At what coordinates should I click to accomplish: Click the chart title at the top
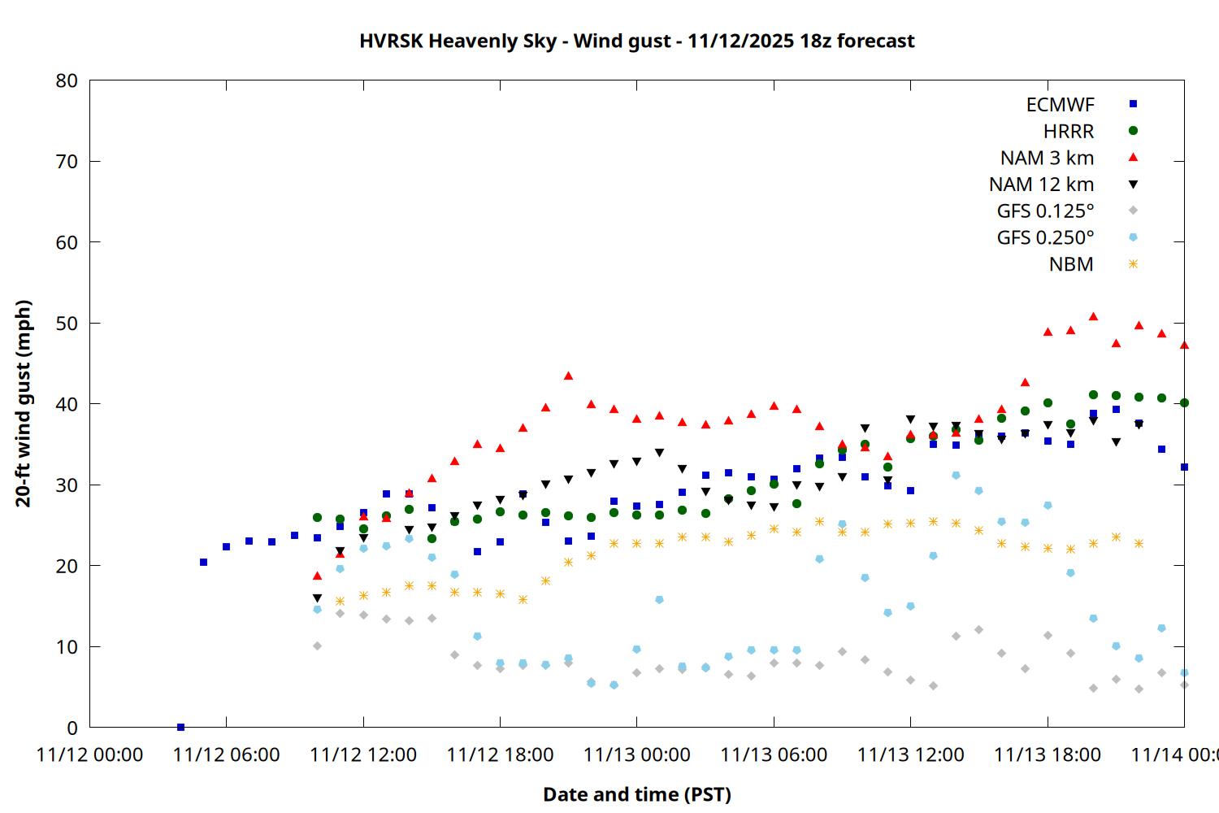point(637,41)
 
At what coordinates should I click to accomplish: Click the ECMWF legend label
point(1060,105)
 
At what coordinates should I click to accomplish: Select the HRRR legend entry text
point(1069,132)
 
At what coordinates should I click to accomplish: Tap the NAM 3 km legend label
point(1047,158)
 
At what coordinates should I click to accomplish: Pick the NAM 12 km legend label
point(1041,185)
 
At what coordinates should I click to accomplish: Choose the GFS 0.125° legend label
point(1045,211)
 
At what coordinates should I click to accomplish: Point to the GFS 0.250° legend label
point(1045,238)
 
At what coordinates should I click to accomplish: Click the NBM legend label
point(1071,264)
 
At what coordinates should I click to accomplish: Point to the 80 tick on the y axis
point(67,80)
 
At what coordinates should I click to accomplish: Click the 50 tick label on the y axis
point(67,324)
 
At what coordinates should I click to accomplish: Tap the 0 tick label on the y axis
point(72,728)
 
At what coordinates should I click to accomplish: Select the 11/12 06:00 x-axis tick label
point(226,754)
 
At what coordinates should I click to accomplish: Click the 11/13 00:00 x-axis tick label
point(636,754)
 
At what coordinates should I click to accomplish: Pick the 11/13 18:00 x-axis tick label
point(1047,754)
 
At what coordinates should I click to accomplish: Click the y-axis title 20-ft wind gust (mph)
point(24,403)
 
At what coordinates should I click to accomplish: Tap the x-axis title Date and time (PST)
point(637,794)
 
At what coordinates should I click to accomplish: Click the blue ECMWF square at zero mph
point(180,727)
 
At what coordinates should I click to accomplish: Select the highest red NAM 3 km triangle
point(1093,316)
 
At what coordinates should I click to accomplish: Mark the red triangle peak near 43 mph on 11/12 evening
point(568,376)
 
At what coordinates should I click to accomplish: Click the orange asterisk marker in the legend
point(1133,264)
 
